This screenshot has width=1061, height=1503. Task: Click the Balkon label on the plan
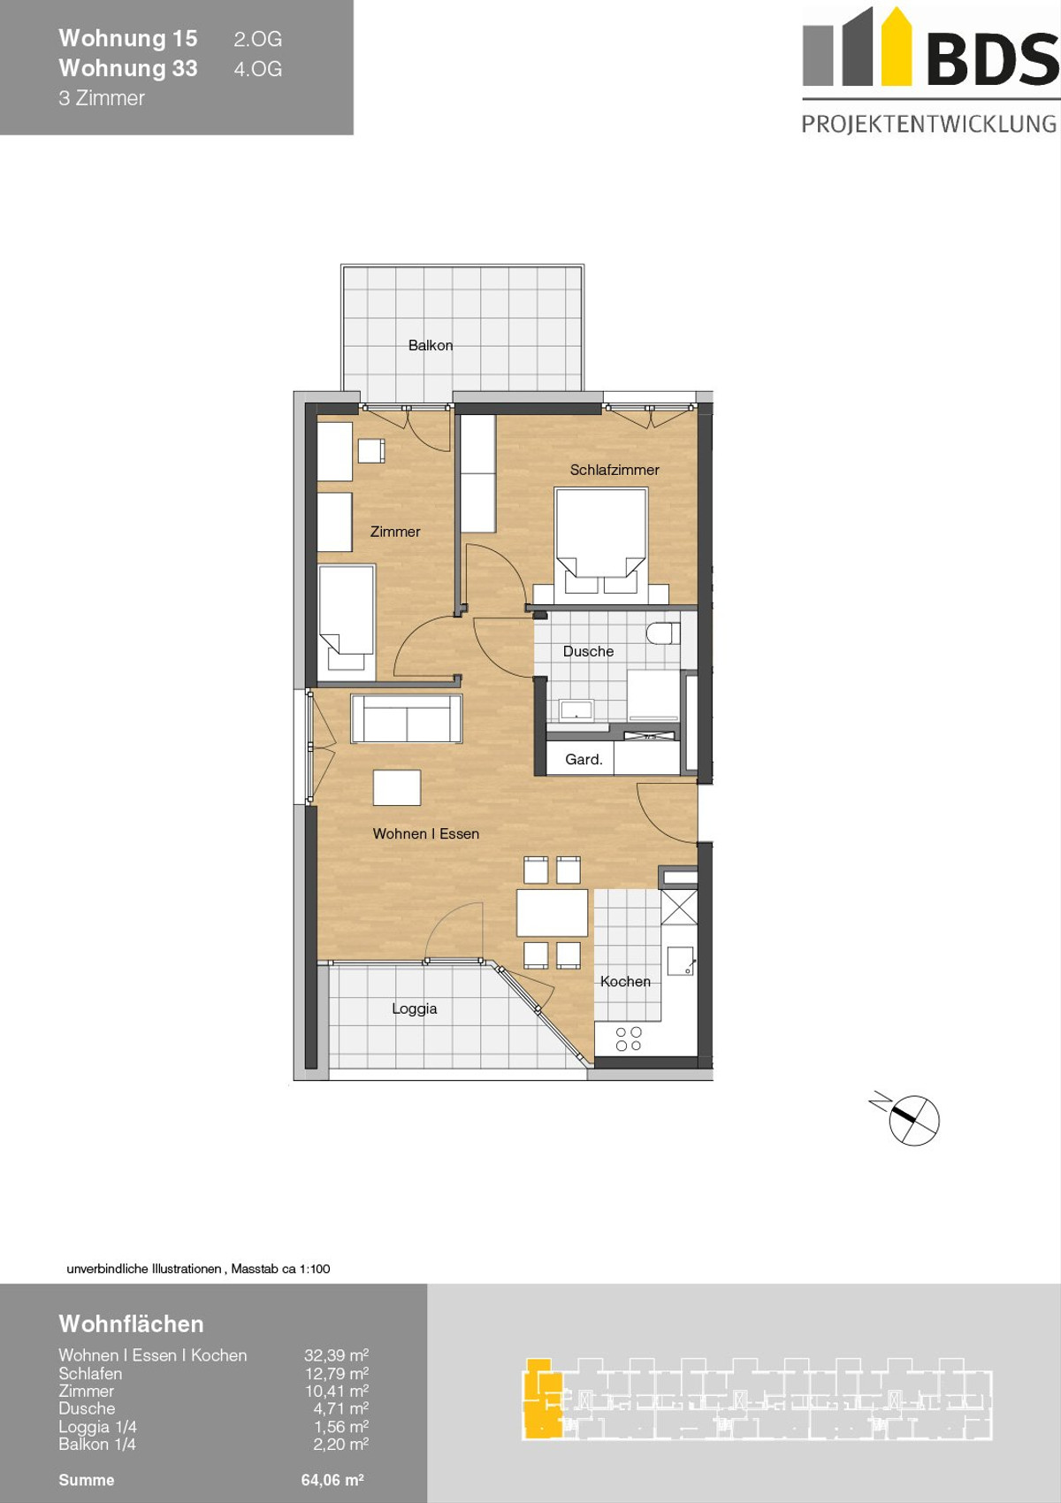pos(431,345)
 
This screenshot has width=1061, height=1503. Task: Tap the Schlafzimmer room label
pos(614,470)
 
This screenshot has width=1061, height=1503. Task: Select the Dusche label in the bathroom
pos(588,651)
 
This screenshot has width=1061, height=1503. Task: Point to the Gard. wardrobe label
pos(584,759)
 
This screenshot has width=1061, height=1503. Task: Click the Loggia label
pos(415,1008)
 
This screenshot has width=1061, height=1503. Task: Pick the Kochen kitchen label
pos(625,981)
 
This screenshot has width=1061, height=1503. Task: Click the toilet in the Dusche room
pos(662,633)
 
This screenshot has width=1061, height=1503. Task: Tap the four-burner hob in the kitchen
pos(629,1039)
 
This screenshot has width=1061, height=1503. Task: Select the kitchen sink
pos(680,960)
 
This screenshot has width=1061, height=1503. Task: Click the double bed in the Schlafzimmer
pos(601,541)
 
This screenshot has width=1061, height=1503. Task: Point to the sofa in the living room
pos(407,718)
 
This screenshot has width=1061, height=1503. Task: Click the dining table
pos(552,913)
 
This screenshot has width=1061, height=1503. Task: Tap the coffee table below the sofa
pos(397,787)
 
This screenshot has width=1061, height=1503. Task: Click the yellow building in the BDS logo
pos(896,47)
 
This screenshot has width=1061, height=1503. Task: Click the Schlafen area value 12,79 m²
pos(337,1374)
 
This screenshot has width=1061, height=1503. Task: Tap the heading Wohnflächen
pos(132,1323)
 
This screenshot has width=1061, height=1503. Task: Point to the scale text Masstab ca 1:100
pos(280,1269)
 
